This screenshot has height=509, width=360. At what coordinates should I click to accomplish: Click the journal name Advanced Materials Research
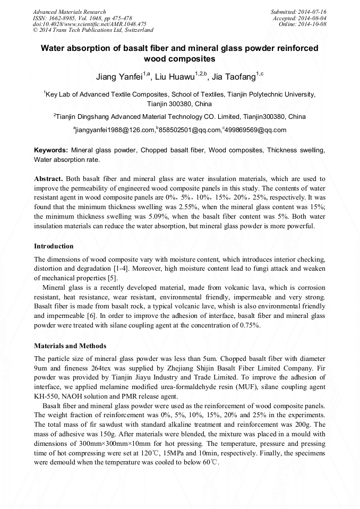click(69, 12)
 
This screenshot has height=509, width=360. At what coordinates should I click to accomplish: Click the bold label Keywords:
click(51, 150)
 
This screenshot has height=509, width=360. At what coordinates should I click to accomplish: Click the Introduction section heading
click(54, 246)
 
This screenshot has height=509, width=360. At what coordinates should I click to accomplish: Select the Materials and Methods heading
click(70, 346)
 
